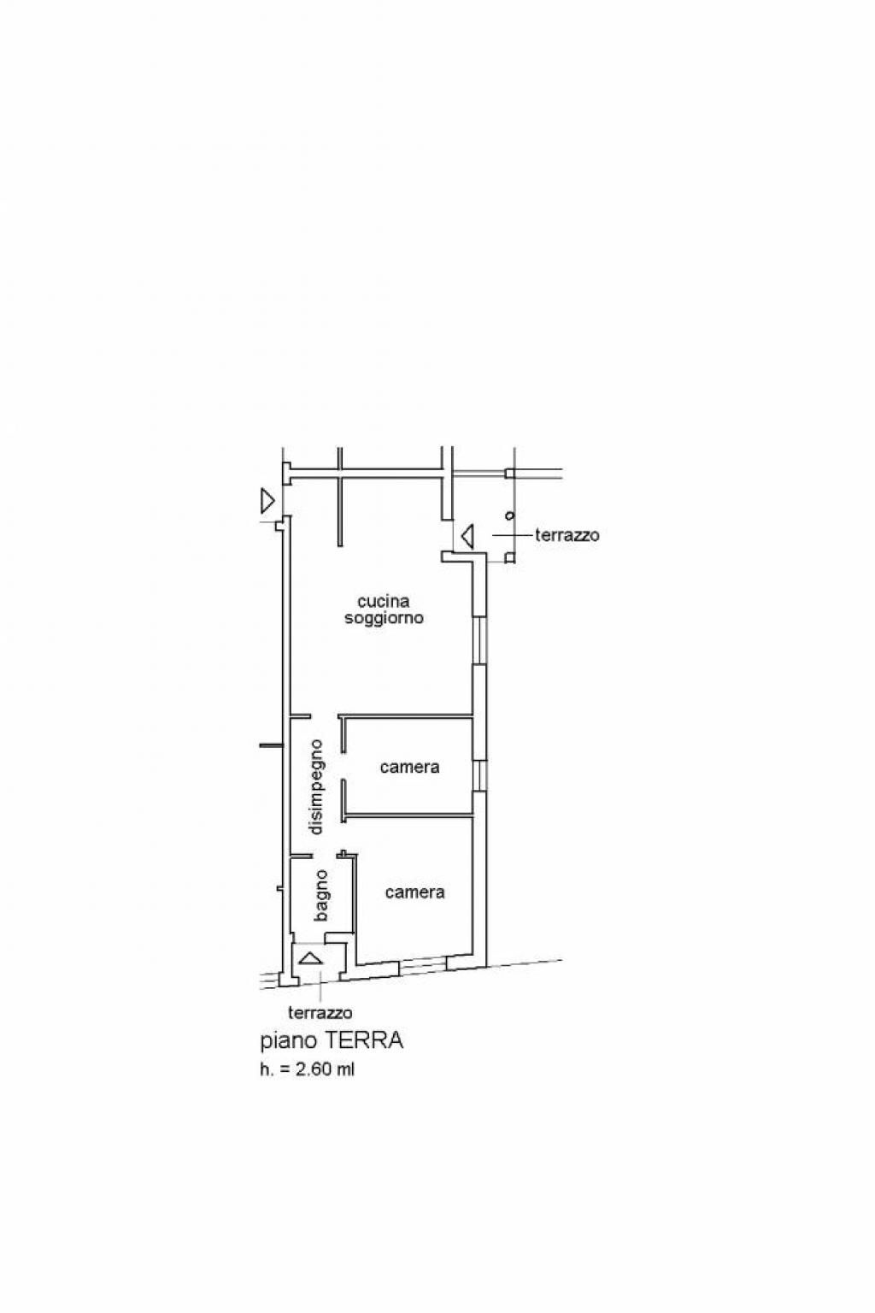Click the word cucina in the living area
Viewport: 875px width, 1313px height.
[x=384, y=602]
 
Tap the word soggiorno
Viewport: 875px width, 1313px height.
[x=384, y=618]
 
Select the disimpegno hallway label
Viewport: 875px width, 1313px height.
[x=315, y=786]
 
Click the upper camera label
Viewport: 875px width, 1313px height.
[x=409, y=768]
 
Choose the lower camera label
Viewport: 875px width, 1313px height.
[x=415, y=892]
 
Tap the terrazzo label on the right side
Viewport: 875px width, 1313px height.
[x=567, y=535]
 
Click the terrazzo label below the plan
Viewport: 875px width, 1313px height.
[x=320, y=1012]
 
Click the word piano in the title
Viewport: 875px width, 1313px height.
[x=289, y=1042]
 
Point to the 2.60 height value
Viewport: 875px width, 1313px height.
[x=314, y=1069]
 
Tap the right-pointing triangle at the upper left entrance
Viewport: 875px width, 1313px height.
[x=267, y=501]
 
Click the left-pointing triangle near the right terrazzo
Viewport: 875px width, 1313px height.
[x=467, y=537]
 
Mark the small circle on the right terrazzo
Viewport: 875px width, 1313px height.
[x=510, y=515]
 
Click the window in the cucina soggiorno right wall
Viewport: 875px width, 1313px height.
[x=479, y=640]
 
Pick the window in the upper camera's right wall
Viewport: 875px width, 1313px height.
[x=479, y=775]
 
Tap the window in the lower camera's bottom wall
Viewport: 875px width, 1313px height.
[x=423, y=964]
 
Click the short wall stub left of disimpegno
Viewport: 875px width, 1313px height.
[x=272, y=746]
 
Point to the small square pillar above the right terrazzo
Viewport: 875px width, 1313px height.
[x=510, y=473]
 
